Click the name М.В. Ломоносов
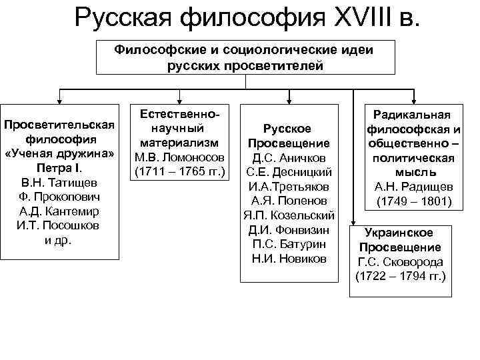(x=181, y=158)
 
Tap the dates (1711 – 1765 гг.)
(x=181, y=173)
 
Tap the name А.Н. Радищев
(x=414, y=187)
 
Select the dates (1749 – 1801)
(x=414, y=201)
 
